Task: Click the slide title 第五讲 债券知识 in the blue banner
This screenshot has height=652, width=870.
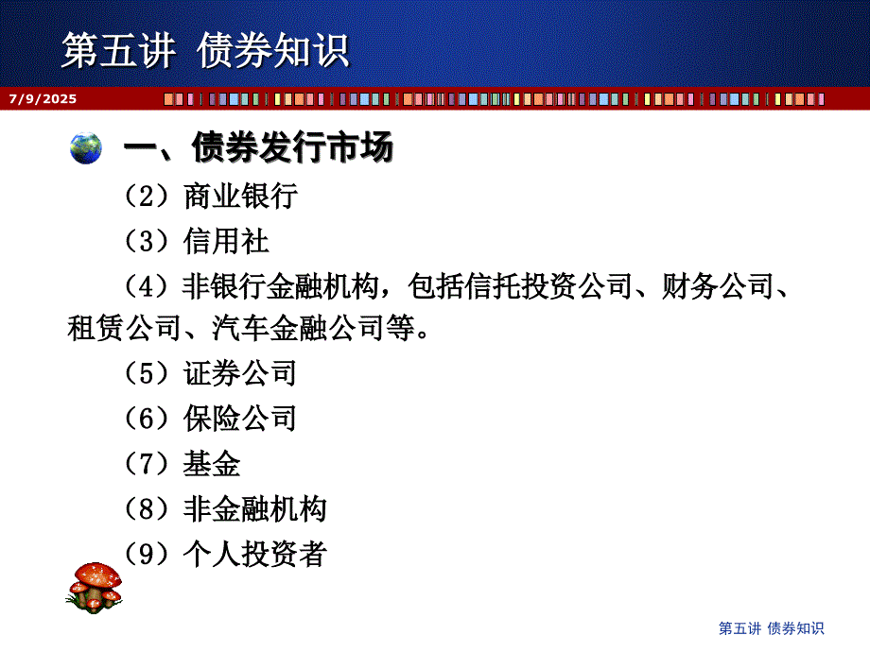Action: (205, 50)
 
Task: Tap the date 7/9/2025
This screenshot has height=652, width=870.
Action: (43, 98)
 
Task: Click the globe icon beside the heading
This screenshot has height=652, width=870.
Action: (86, 148)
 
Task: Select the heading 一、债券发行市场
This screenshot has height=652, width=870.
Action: (258, 147)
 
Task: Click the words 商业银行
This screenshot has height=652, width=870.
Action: (241, 197)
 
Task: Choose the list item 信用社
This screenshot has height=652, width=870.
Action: (226, 241)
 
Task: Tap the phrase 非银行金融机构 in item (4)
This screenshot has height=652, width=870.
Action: (281, 286)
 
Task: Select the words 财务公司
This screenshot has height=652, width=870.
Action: (718, 286)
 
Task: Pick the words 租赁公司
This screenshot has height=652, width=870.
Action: (124, 328)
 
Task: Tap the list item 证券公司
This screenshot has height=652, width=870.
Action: (240, 373)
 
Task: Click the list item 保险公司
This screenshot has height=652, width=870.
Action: (240, 419)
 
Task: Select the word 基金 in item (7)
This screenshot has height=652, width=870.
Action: (212, 464)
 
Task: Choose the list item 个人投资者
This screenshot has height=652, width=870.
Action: (255, 554)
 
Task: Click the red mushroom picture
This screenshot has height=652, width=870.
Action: (95, 588)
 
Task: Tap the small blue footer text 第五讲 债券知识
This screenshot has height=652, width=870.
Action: (772, 628)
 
